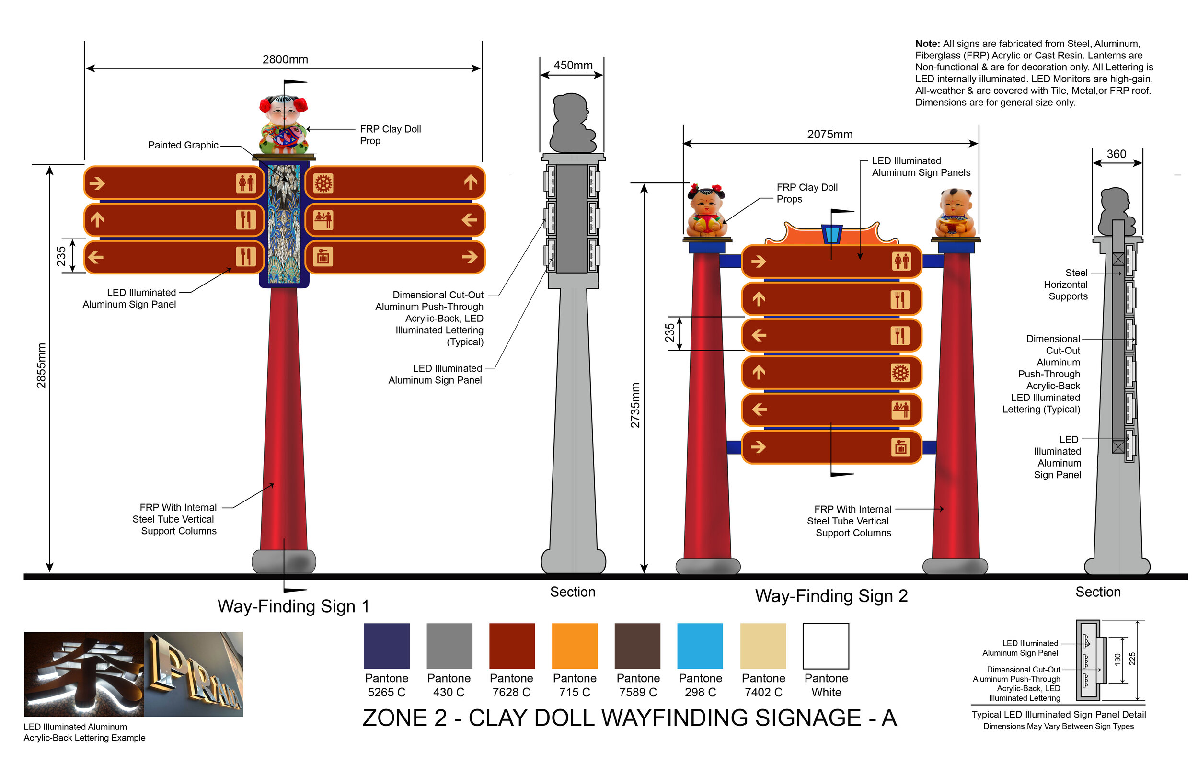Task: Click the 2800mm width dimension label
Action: (x=285, y=59)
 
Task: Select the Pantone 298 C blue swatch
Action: (x=700, y=646)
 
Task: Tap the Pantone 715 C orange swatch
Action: (x=575, y=646)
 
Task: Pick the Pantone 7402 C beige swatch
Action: (x=762, y=646)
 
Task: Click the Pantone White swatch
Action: (x=826, y=646)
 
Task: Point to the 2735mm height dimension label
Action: (x=635, y=405)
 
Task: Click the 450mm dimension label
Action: (x=573, y=66)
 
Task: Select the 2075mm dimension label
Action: (x=829, y=135)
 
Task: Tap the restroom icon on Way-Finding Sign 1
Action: (x=246, y=183)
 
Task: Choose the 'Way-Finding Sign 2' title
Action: (x=831, y=596)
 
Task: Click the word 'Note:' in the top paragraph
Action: (x=927, y=44)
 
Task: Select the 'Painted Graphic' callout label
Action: (x=183, y=145)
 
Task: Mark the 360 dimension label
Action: (x=1116, y=154)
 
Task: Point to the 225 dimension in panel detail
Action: (x=1132, y=659)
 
